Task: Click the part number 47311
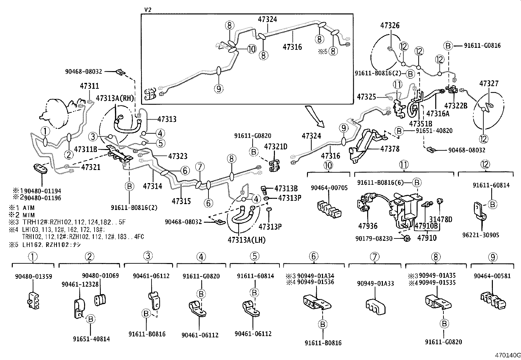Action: coord(89,86)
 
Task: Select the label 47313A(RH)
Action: coord(115,98)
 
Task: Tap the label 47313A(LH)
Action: coord(246,240)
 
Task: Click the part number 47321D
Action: coord(276,146)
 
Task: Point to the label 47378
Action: coord(390,149)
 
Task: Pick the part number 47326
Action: coord(390,25)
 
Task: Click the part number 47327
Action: coord(489,84)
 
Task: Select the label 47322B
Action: coord(456,105)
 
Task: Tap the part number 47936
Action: coord(368,226)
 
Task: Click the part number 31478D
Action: coord(441,219)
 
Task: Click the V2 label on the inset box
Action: coord(148,10)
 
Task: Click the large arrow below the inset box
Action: coord(314,116)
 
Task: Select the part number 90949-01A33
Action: coord(375,283)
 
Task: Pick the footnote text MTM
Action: coord(28,215)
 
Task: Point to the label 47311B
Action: coord(85,149)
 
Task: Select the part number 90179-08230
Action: coord(374,238)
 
